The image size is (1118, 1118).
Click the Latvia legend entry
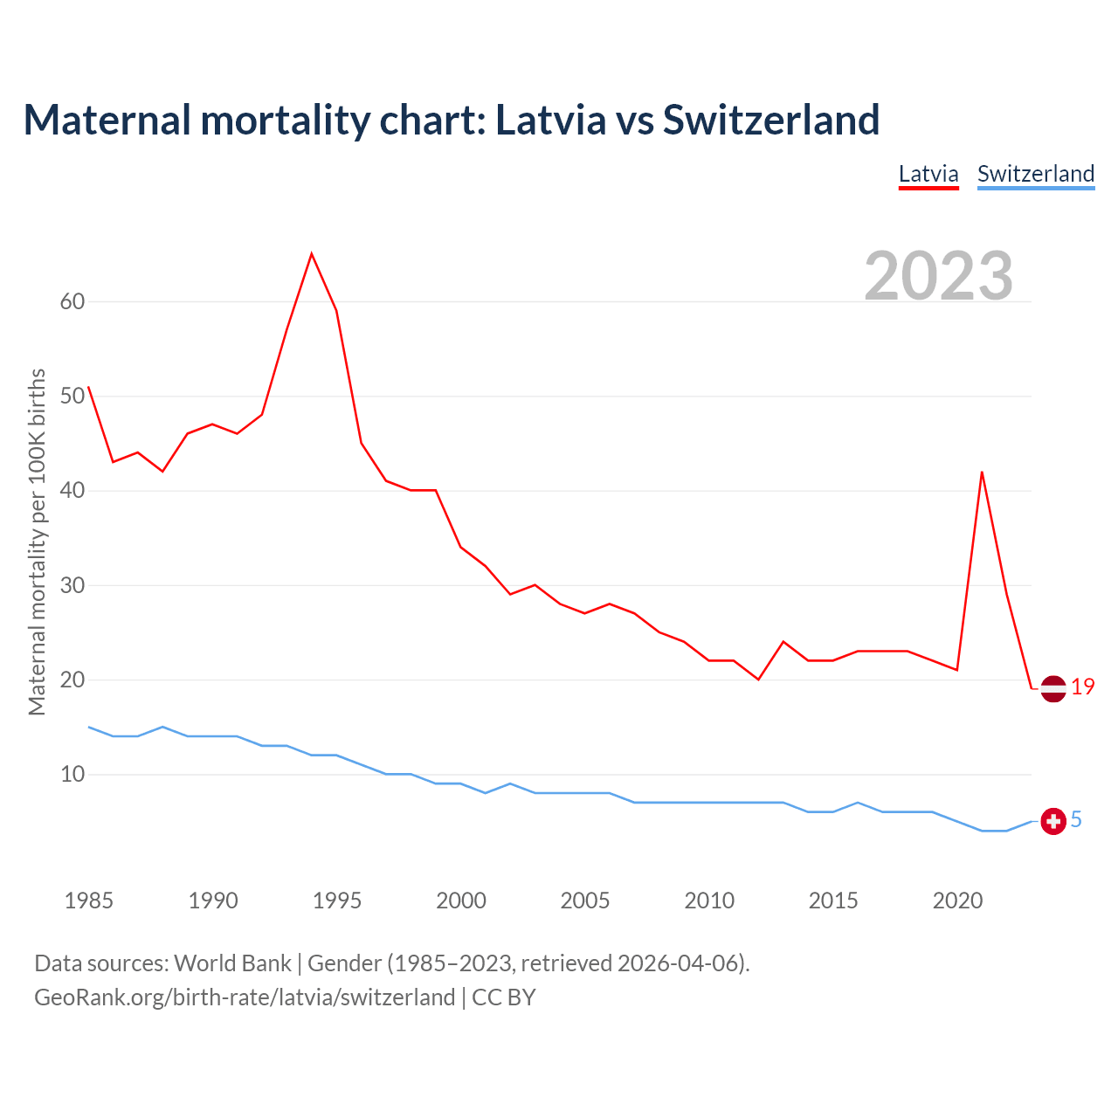coord(928,174)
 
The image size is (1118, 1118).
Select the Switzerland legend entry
coord(1035,174)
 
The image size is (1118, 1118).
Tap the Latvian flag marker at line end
coord(1053,688)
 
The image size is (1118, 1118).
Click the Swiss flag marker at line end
coord(1053,821)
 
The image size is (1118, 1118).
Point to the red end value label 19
coord(1083,687)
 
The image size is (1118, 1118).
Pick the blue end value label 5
coord(1076,819)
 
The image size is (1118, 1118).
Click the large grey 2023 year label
coord(939,275)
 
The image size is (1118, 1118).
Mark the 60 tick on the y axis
coord(72,302)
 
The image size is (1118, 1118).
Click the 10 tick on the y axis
coord(72,775)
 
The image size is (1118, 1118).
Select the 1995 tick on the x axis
coord(337,901)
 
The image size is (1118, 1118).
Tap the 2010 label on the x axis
coord(709,901)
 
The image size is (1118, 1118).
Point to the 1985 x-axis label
coord(89,901)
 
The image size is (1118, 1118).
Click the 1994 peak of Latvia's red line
coord(312,254)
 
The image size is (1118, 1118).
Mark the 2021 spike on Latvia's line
coord(982,473)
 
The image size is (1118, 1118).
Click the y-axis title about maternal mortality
coord(37,542)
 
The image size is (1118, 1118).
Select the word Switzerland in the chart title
coord(771,120)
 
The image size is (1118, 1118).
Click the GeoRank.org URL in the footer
coord(245,997)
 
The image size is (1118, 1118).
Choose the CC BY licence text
coord(504,997)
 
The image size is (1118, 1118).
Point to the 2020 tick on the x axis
coord(957,901)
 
